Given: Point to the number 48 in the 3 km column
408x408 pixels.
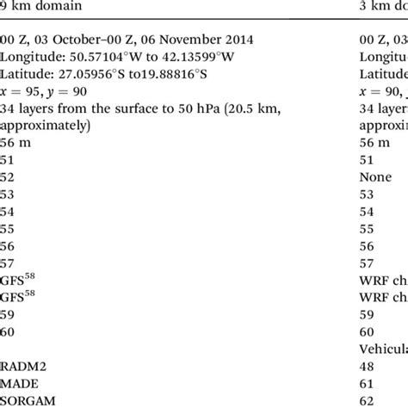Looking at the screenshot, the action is (x=366, y=364).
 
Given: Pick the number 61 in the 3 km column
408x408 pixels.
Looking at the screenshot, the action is (x=366, y=380).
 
